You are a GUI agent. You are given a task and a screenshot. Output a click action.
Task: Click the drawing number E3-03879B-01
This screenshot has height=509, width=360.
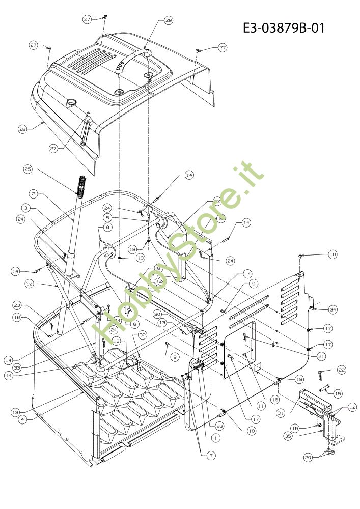284,27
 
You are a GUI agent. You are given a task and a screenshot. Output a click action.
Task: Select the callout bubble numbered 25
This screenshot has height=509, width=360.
27,168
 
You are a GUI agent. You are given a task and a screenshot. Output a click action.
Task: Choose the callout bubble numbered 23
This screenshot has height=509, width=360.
17,305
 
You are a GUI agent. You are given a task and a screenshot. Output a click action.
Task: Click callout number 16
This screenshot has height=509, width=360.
17,317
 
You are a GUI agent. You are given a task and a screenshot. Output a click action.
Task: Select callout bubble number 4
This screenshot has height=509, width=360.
22,420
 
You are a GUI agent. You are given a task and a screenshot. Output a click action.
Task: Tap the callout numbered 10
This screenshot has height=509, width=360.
333,253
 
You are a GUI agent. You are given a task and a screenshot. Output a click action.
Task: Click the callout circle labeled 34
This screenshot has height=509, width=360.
333,309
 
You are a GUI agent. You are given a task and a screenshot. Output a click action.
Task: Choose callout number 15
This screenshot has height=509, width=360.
337,393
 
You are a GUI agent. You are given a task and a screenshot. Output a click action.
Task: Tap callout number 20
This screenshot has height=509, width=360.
308,458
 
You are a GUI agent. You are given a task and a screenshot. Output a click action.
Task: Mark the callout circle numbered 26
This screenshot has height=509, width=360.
219,426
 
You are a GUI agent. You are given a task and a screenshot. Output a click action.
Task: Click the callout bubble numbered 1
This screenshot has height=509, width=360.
216,437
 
